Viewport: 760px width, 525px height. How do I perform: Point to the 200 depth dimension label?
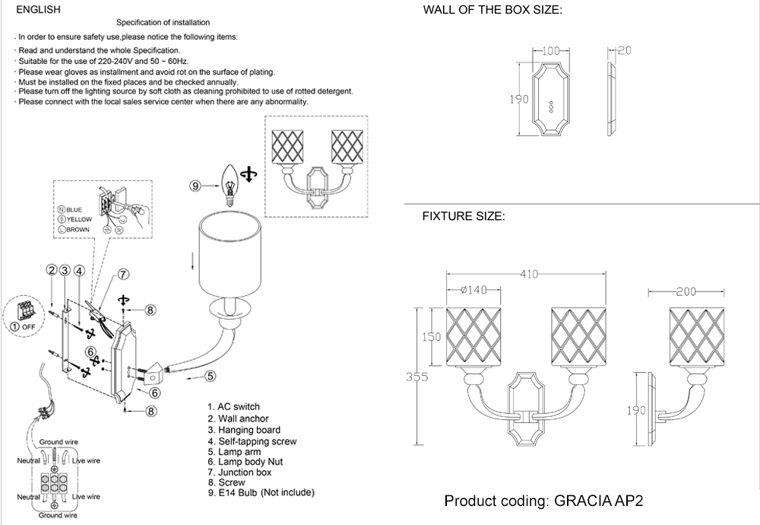click(686, 291)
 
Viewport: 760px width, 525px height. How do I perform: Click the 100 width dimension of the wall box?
click(552, 51)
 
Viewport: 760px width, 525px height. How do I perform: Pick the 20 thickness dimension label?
click(625, 51)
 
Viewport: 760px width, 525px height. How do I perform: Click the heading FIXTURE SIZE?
click(464, 217)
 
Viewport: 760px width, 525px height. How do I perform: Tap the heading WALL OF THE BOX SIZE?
click(492, 10)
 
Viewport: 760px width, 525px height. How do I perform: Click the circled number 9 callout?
click(195, 184)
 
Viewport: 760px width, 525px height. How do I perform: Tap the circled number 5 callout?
click(211, 374)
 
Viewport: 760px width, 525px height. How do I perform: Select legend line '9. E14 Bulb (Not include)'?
click(261, 493)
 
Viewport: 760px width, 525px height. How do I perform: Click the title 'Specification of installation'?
click(163, 23)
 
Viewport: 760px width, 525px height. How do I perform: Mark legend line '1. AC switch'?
click(233, 408)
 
